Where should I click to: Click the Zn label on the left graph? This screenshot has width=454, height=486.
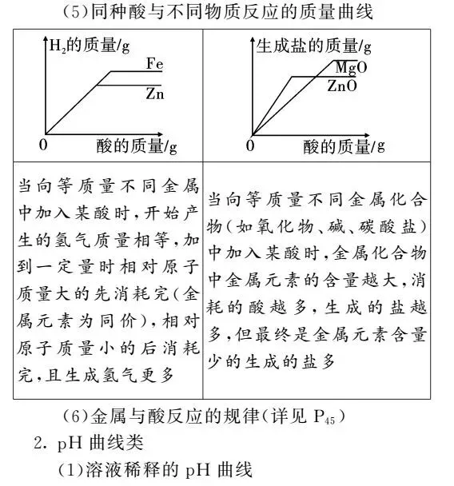tap(156, 93)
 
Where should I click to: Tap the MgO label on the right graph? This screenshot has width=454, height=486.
tap(351, 66)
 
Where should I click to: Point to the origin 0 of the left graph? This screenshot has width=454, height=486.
tap(45, 146)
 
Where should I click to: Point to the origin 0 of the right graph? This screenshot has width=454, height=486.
tap(250, 146)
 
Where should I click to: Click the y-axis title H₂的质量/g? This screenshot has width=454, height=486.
tap(90, 46)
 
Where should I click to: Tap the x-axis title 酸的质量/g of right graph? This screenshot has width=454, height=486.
tap(344, 146)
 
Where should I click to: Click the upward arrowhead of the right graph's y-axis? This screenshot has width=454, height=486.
tap(253, 38)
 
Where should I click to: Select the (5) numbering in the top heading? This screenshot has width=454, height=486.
tap(78, 13)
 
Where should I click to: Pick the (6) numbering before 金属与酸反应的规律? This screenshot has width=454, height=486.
tap(78, 416)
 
